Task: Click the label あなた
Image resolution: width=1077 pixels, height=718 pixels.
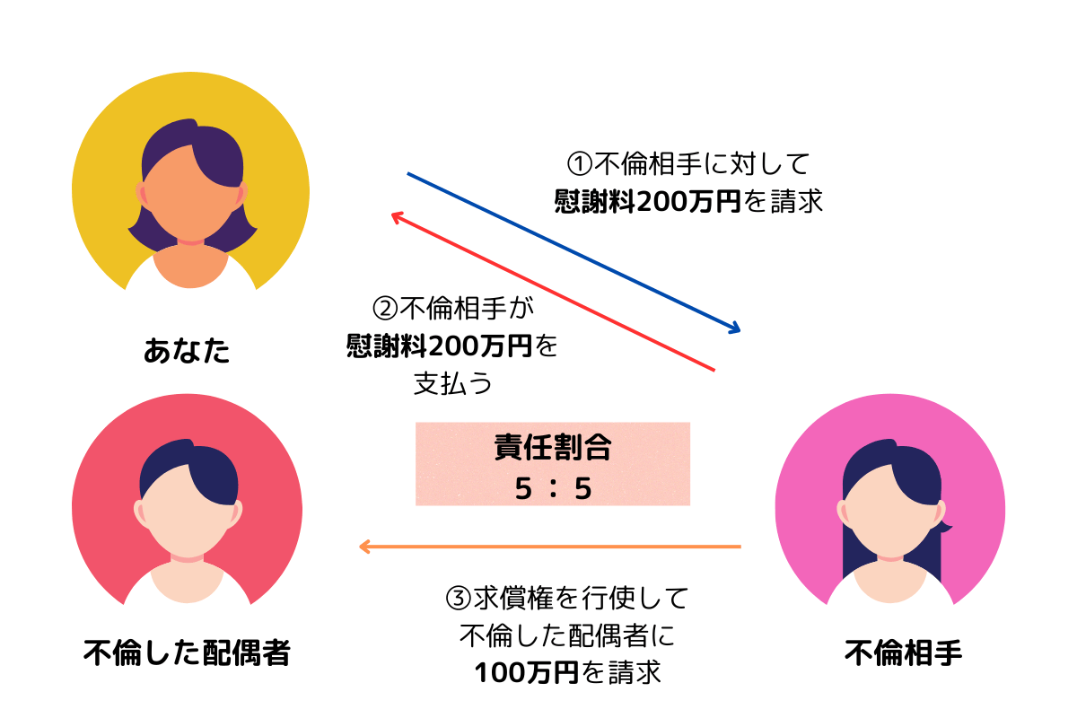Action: (187, 350)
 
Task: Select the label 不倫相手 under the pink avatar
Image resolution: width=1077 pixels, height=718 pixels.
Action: (903, 652)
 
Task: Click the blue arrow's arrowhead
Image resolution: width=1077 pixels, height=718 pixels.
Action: (735, 328)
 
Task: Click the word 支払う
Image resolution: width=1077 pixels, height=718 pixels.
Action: (452, 383)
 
